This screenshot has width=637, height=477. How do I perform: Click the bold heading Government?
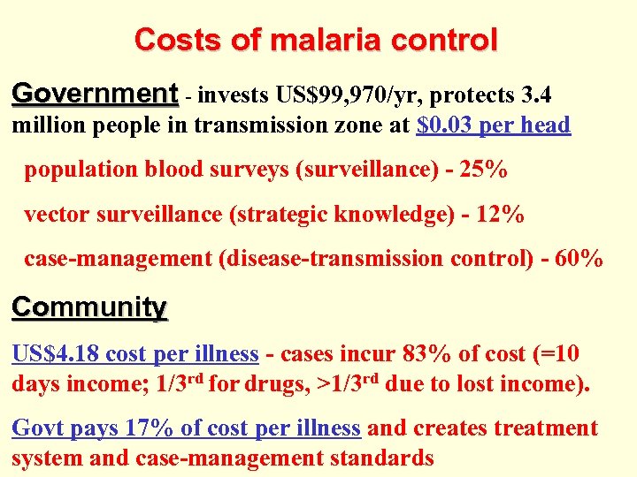coord(96,93)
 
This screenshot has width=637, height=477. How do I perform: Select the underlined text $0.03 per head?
coord(493,125)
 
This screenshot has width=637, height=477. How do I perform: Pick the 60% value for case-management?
coord(579,259)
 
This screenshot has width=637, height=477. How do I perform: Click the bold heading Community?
coord(89,307)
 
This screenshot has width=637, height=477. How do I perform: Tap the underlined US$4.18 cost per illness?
coord(134,354)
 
